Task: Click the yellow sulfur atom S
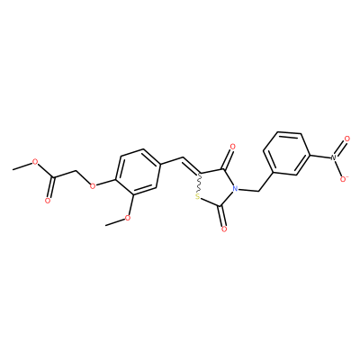click(197, 197)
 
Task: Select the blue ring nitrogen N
click(235, 189)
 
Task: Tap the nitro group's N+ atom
click(333, 157)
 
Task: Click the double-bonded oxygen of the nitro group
click(347, 139)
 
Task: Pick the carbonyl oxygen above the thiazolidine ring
click(232, 147)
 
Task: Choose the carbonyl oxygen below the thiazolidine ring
click(223, 229)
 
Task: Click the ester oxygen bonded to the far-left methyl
click(35, 162)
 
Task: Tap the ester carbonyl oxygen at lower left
click(48, 201)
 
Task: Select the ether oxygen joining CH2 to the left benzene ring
click(93, 185)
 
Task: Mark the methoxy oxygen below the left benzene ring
click(128, 217)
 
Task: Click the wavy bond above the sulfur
click(199, 184)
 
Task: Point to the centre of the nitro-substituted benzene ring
click(287, 153)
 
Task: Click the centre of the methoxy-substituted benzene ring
click(139, 172)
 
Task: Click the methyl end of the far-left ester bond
click(13, 169)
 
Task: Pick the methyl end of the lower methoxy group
click(106, 225)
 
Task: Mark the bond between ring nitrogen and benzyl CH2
click(248, 190)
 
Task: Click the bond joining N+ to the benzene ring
click(319, 157)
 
